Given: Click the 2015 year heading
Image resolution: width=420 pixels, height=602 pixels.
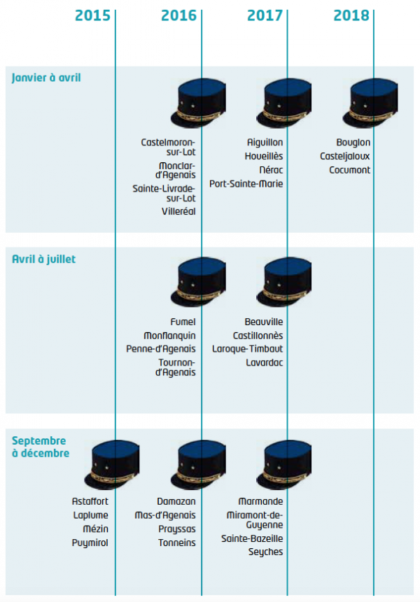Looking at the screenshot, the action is pos(92,16).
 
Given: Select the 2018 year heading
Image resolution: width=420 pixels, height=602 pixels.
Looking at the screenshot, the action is pos(351,16).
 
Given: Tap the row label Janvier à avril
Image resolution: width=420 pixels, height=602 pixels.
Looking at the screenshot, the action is pos(46,78).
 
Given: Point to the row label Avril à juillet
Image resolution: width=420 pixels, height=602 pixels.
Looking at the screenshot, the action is pos(44,259).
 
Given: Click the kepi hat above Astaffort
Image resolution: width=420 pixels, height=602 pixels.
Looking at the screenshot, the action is pos(112,464).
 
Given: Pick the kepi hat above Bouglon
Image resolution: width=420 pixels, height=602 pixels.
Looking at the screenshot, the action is pos(370,103).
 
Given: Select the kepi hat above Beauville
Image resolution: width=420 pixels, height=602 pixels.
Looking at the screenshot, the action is pos(284,282).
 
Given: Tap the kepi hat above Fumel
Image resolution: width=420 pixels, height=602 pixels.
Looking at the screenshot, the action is pos(198,282).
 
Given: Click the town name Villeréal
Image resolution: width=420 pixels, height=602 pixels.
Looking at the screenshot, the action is pos(178,212).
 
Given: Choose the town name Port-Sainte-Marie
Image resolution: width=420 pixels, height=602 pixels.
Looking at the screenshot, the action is pos(246,184).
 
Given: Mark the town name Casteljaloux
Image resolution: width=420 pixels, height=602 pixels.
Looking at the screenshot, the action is pos(344,156).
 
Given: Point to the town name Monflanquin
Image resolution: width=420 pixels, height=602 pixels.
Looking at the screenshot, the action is pos(169,336).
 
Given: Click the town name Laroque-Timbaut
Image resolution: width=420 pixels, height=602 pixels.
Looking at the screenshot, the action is pos(248,349).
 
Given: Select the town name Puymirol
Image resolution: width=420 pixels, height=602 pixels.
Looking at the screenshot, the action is pos(90,543).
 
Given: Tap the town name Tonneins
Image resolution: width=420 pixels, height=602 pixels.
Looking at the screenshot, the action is pos(177,543).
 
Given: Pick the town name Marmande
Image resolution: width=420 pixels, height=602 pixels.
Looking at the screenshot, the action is pos(260,501).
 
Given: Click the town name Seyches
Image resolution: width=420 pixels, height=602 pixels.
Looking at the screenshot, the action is pos(265,552).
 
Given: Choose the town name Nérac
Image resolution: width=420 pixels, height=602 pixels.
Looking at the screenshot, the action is pos(271,170).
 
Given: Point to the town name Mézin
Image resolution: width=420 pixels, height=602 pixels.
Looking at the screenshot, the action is pos(96,529).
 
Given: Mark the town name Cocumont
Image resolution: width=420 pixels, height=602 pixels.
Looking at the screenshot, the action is pos(350,170).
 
